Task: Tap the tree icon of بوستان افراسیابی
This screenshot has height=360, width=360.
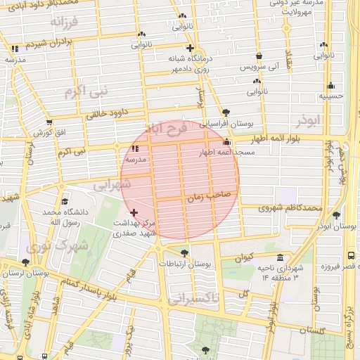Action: click(x=226, y=112)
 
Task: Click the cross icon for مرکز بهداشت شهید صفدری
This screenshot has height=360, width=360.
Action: click(x=134, y=212)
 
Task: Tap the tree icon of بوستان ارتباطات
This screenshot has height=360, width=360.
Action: click(x=184, y=252)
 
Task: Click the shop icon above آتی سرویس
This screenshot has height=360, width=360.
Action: click(x=259, y=56)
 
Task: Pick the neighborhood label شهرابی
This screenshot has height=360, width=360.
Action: click(x=112, y=185)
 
